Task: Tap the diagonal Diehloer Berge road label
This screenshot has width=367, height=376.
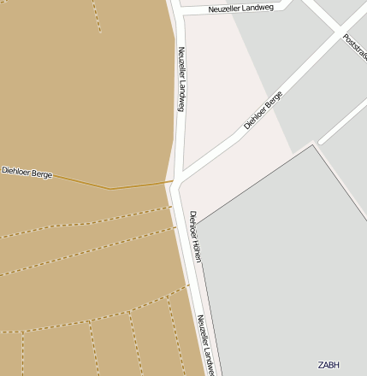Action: (263, 110)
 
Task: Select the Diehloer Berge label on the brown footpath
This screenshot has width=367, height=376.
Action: (27, 173)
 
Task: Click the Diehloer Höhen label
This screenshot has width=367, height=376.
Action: (196, 236)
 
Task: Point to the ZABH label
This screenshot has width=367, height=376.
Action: (329, 365)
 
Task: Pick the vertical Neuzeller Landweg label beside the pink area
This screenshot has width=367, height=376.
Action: (181, 79)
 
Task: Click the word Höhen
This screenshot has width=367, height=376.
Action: (198, 250)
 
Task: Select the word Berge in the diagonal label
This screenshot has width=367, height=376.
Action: (274, 100)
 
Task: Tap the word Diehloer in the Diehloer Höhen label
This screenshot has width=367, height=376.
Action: (193, 223)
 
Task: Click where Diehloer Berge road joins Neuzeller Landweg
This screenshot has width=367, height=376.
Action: (177, 180)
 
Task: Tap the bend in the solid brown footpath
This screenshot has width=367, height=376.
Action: (110, 188)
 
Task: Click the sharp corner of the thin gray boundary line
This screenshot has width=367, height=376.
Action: (313, 145)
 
